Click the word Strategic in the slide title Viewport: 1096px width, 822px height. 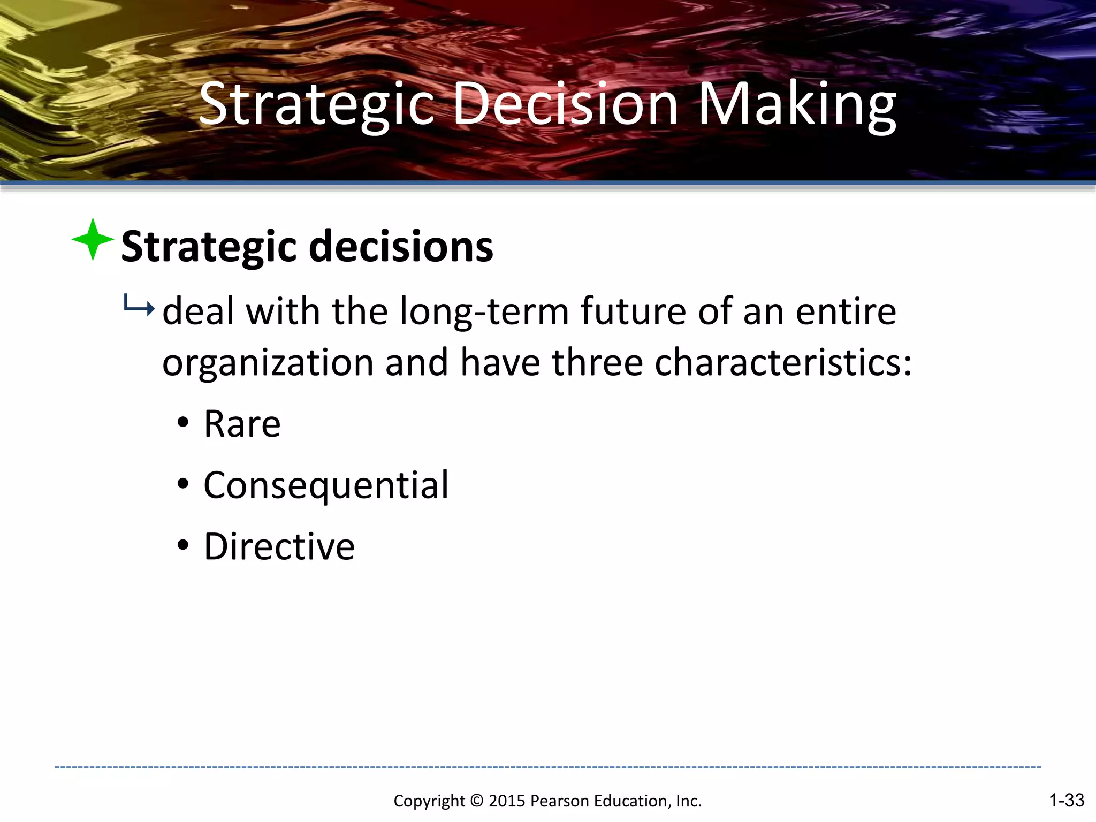(316, 104)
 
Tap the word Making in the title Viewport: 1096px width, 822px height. (797, 104)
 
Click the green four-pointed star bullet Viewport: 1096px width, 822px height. (93, 239)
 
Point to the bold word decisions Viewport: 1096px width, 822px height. (401, 247)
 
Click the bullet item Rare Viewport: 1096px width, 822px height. (242, 424)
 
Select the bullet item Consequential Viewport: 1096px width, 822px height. (326, 485)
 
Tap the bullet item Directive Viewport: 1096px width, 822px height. (279, 547)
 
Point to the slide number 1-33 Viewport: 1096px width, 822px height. (1066, 800)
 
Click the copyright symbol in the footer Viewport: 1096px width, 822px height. (476, 801)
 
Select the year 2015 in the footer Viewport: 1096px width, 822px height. (507, 801)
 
